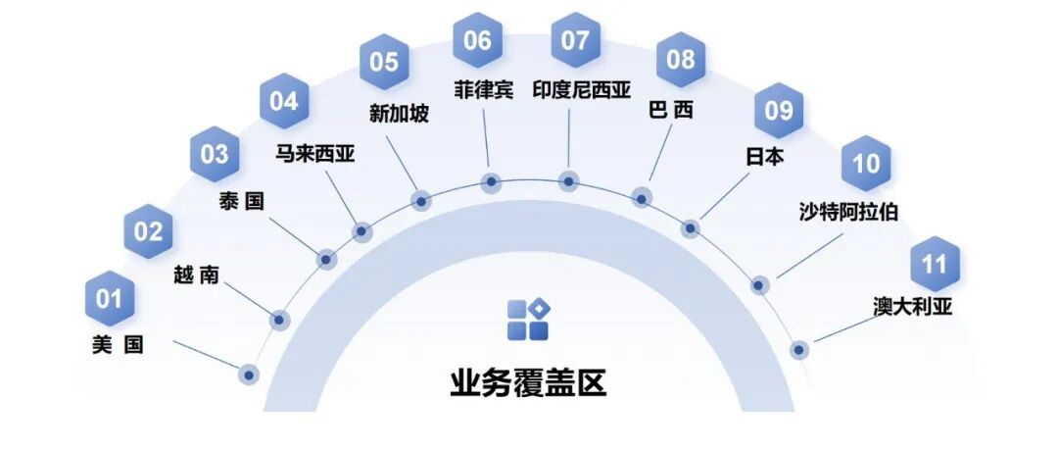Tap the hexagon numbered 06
pyautogui.click(x=478, y=41)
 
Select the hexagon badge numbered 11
pyautogui.click(x=935, y=264)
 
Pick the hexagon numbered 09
pyautogui.click(x=778, y=110)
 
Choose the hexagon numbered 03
pyautogui.click(x=215, y=154)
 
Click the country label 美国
pyautogui.click(x=117, y=345)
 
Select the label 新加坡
pyautogui.click(x=399, y=114)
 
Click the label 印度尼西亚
pyautogui.click(x=582, y=90)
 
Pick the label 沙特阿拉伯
pyautogui.click(x=848, y=210)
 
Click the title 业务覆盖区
pyautogui.click(x=528, y=382)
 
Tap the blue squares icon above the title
pyautogui.click(x=528, y=320)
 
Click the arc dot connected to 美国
pyautogui.click(x=249, y=374)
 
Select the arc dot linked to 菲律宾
pyautogui.click(x=492, y=182)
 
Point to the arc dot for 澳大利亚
pyautogui.click(x=799, y=349)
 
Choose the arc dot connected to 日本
pyautogui.click(x=691, y=228)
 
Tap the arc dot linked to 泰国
pyautogui.click(x=326, y=260)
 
